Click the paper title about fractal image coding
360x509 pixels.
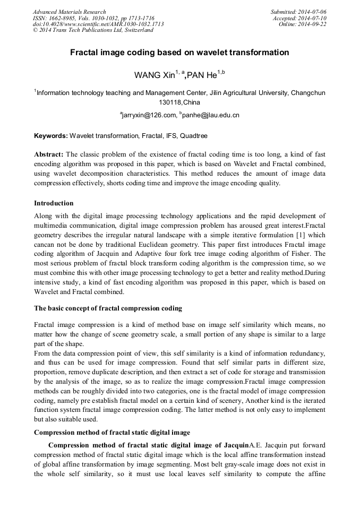click(180, 53)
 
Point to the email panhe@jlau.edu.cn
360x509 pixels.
click(211, 115)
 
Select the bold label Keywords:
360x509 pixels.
click(51, 136)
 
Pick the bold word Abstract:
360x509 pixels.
click(49, 154)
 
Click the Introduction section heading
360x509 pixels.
click(54, 203)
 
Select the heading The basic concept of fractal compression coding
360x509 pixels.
click(108, 308)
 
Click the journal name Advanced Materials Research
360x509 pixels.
click(69, 12)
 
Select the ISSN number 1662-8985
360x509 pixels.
click(63, 18)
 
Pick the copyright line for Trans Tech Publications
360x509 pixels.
click(93, 30)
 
